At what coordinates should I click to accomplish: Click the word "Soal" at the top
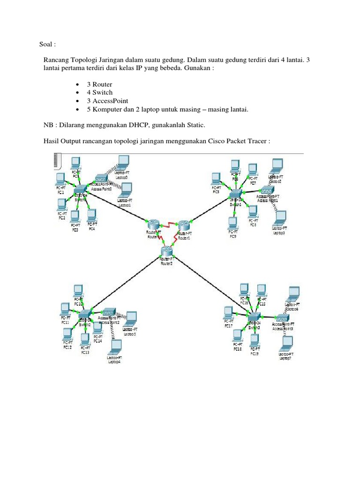tap(46, 45)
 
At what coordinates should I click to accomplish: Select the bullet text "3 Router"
tap(99, 84)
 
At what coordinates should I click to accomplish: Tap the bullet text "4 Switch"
tap(99, 92)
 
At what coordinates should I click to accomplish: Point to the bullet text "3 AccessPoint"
tap(107, 101)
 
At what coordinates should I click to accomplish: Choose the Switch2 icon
tap(84, 314)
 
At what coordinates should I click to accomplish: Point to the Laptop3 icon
tap(280, 217)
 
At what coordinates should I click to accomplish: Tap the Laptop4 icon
tap(114, 347)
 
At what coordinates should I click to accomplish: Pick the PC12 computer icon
tap(67, 333)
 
